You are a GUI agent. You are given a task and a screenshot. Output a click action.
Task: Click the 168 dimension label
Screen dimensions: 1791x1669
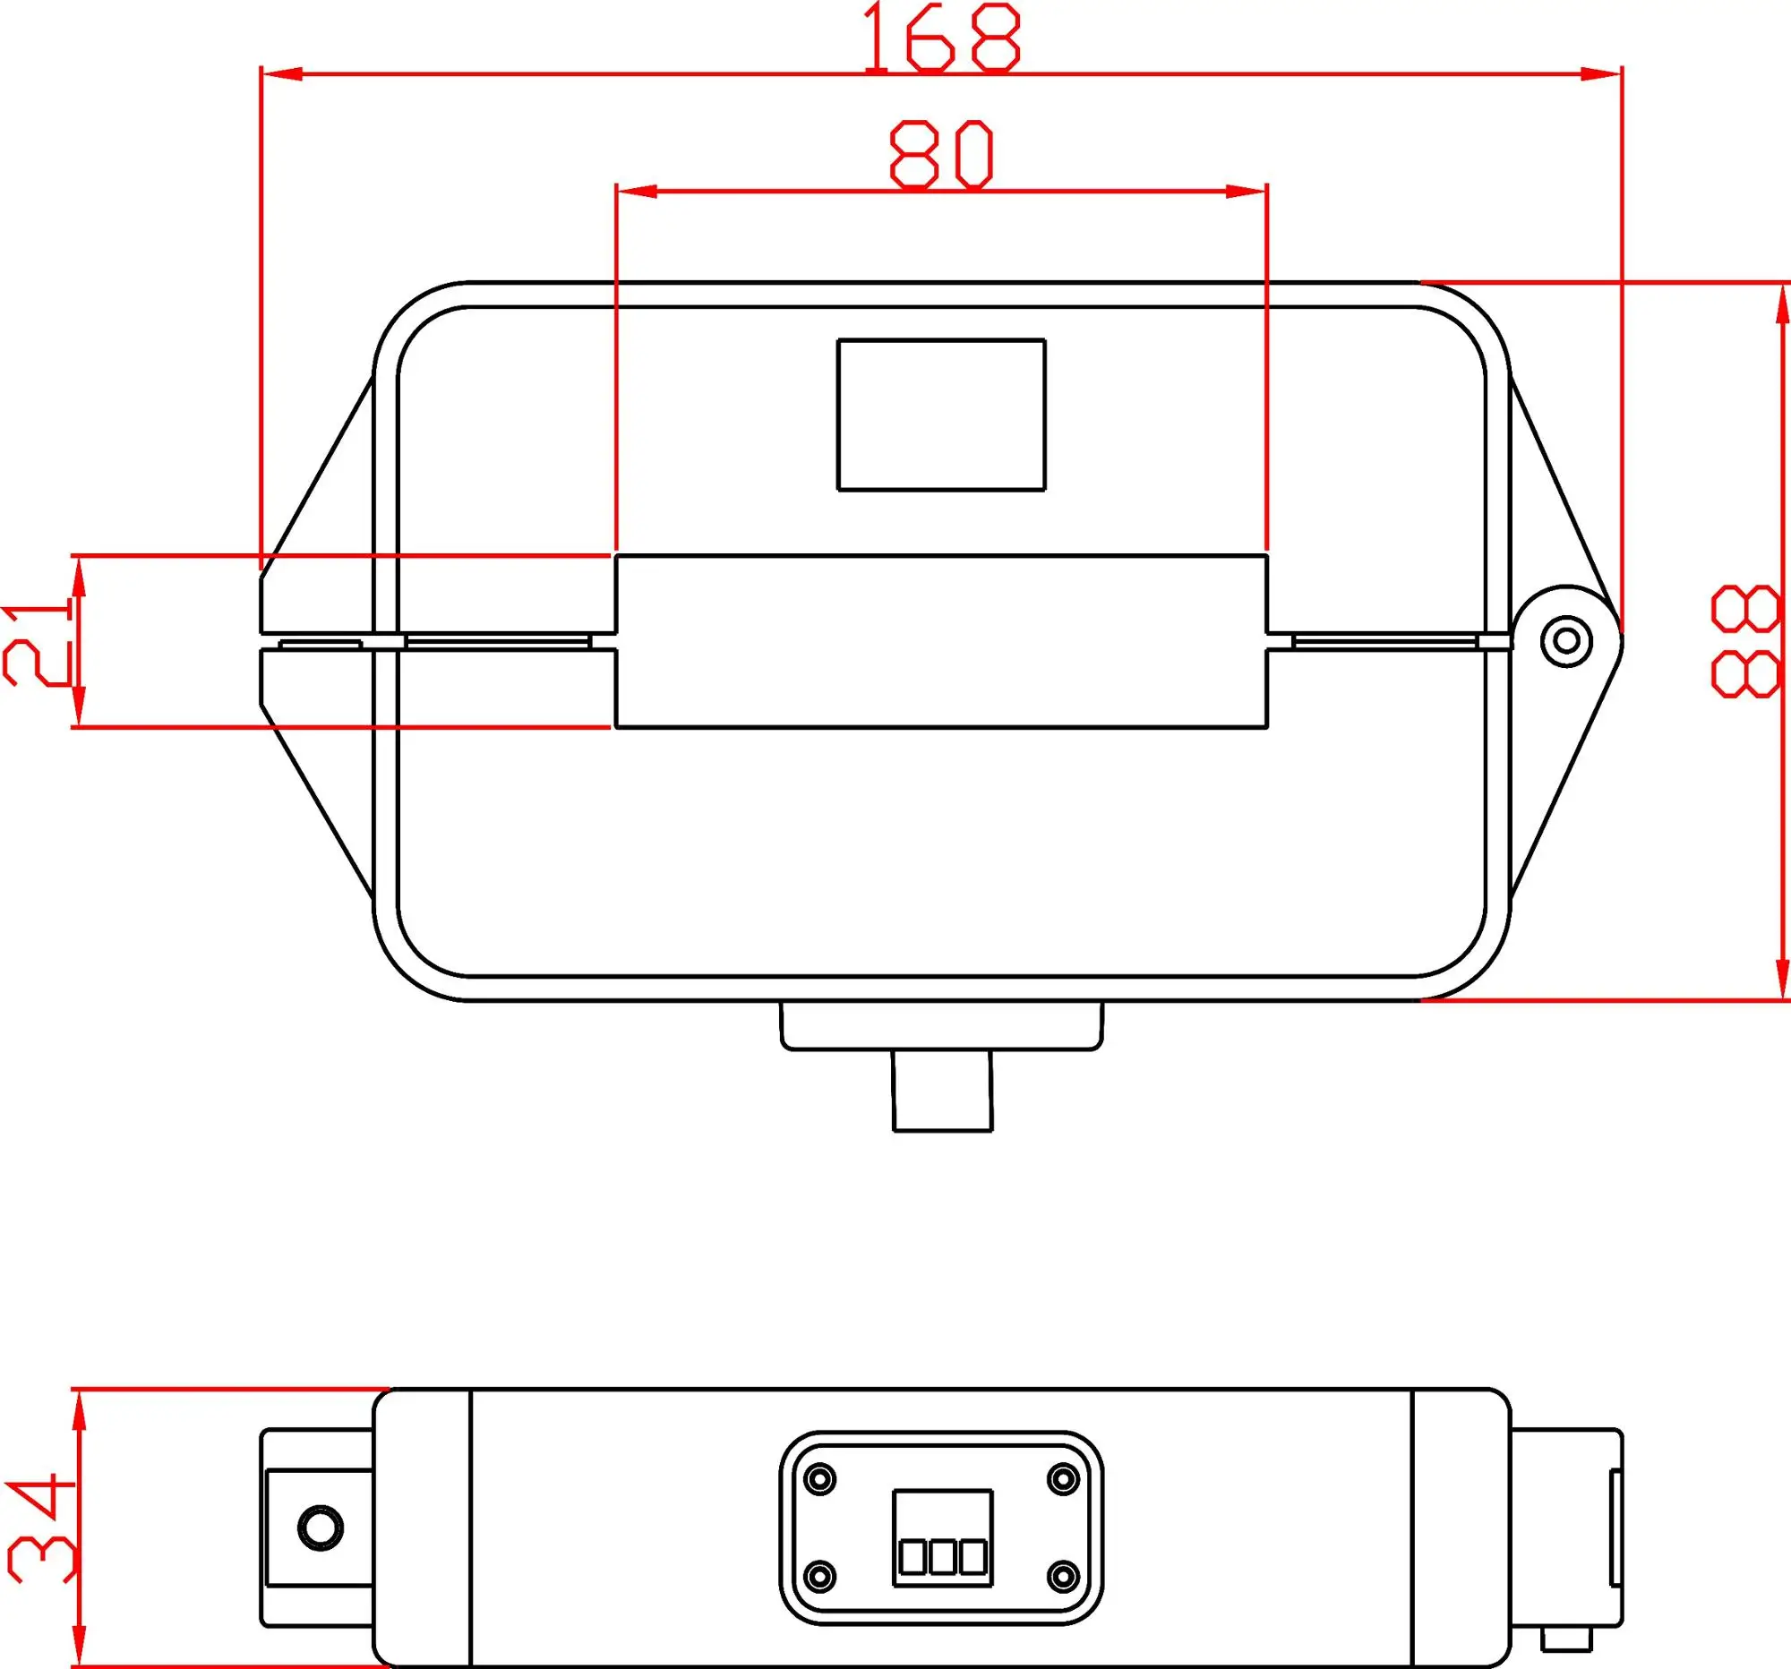[942, 38]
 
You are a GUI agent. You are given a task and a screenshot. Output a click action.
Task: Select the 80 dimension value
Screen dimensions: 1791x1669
[942, 156]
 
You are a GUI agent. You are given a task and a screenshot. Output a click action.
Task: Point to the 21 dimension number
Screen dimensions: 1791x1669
[38, 645]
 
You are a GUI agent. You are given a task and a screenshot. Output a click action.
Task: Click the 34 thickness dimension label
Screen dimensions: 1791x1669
[41, 1528]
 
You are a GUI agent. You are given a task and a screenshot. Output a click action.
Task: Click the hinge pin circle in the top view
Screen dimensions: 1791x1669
[1566, 641]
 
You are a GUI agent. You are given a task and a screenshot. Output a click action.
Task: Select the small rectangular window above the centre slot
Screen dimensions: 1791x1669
[941, 415]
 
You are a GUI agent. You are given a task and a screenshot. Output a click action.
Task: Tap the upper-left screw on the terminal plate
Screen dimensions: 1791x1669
[819, 1479]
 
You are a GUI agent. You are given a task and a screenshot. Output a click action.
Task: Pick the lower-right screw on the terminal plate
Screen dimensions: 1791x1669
[1064, 1576]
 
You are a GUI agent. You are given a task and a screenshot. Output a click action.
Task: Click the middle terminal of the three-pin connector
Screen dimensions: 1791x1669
[942, 1557]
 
